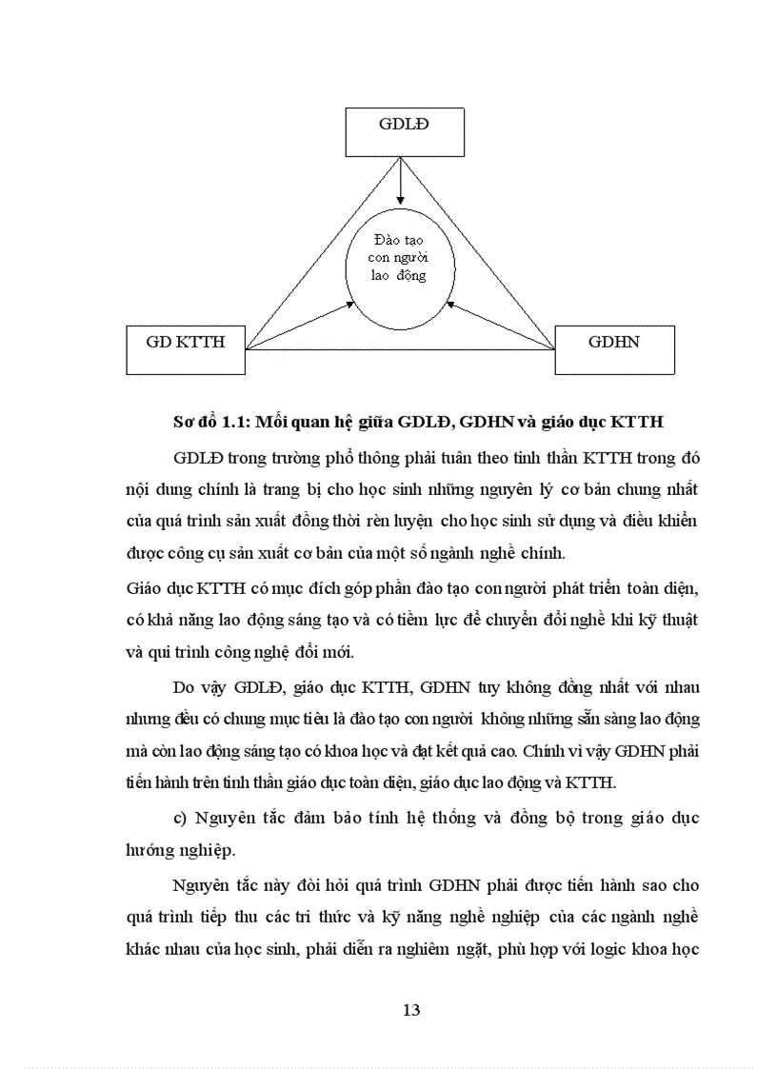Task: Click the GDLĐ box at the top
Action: pos(402,131)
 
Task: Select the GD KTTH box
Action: pos(186,349)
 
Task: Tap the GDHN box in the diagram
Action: pos(614,349)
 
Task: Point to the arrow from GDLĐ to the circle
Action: pos(401,179)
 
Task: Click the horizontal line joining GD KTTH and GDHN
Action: pos(400,349)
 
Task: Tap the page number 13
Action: pos(411,1010)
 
